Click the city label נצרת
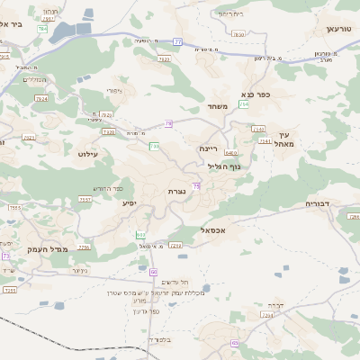point(175,192)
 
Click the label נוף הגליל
point(224,166)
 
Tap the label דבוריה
point(321,203)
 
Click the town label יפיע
point(130,203)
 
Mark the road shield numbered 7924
point(41,98)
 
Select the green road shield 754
point(245,105)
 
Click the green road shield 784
point(43,30)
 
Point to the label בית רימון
point(230,13)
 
